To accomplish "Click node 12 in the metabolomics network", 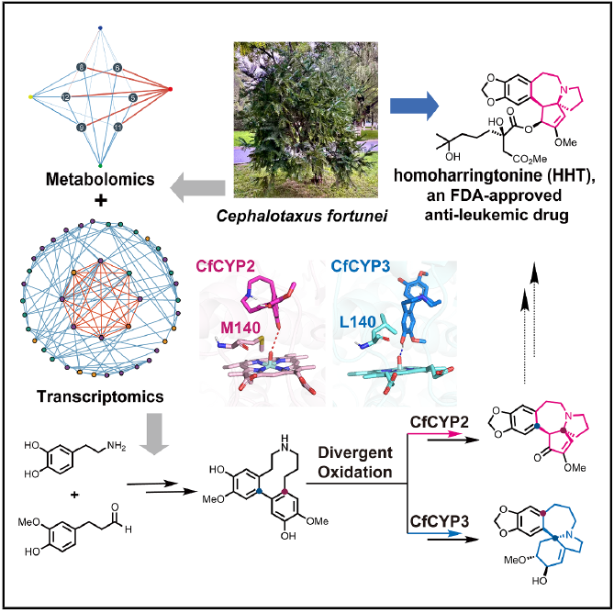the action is click(66, 96).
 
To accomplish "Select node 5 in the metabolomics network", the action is click(133, 97).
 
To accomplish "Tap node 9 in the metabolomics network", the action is click(81, 128).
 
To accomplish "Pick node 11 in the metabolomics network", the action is click(117, 128).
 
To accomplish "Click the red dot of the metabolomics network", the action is click(170, 89).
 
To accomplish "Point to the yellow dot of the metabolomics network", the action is click(31, 96).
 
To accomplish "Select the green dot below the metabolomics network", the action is click(100, 165).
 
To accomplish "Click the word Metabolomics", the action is click(100, 179).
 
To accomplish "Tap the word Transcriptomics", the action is click(100, 396).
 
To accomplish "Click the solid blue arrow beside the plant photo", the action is click(414, 106).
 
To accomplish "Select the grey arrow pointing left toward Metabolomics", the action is click(197, 188).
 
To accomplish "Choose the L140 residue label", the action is click(358, 322).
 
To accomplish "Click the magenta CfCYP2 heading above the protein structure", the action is click(226, 266).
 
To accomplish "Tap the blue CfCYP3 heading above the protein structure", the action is click(361, 266).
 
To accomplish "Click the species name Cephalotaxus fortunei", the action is click(302, 216).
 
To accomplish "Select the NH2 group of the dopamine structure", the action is click(117, 445).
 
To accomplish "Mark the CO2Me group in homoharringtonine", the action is click(530, 159).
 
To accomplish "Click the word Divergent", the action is click(355, 452).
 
